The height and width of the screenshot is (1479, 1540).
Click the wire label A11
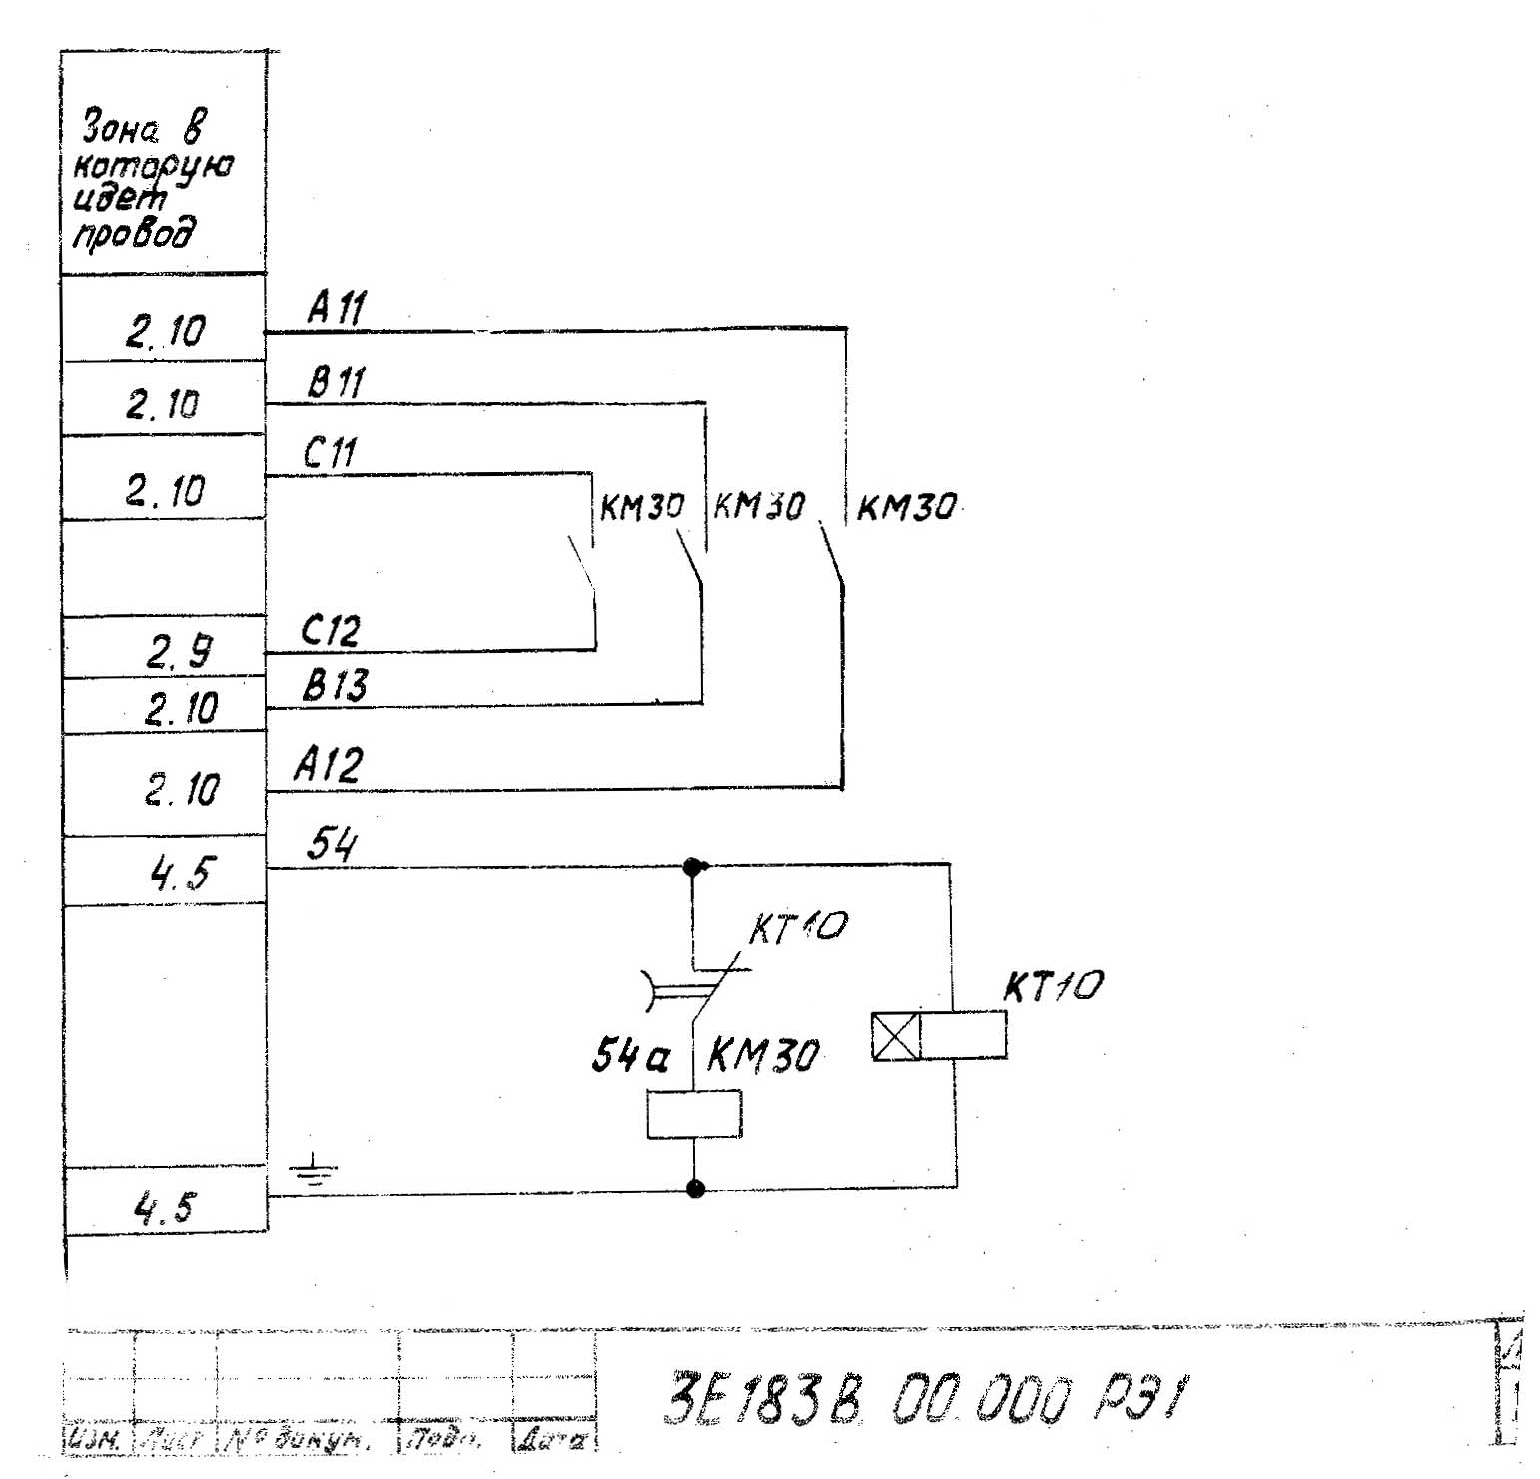pyautogui.click(x=337, y=308)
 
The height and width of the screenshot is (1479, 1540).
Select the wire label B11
pyautogui.click(x=336, y=381)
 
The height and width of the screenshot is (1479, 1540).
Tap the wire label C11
pyautogui.click(x=330, y=454)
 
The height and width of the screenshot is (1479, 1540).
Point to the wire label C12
pyautogui.click(x=330, y=631)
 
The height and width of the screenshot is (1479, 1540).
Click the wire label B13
pyautogui.click(x=335, y=686)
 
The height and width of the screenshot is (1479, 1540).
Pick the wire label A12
pyautogui.click(x=328, y=765)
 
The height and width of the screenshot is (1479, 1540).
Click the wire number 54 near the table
pyautogui.click(x=331, y=845)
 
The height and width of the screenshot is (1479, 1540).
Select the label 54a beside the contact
pyautogui.click(x=630, y=1055)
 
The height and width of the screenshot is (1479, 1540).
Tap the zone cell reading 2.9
pyautogui.click(x=179, y=652)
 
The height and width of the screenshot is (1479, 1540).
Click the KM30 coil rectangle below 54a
pyautogui.click(x=694, y=1114)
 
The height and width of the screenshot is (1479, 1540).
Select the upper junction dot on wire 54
pyautogui.click(x=692, y=867)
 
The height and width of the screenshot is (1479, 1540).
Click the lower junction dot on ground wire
pyautogui.click(x=696, y=1188)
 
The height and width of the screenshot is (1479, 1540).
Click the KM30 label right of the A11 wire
pyautogui.click(x=906, y=508)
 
